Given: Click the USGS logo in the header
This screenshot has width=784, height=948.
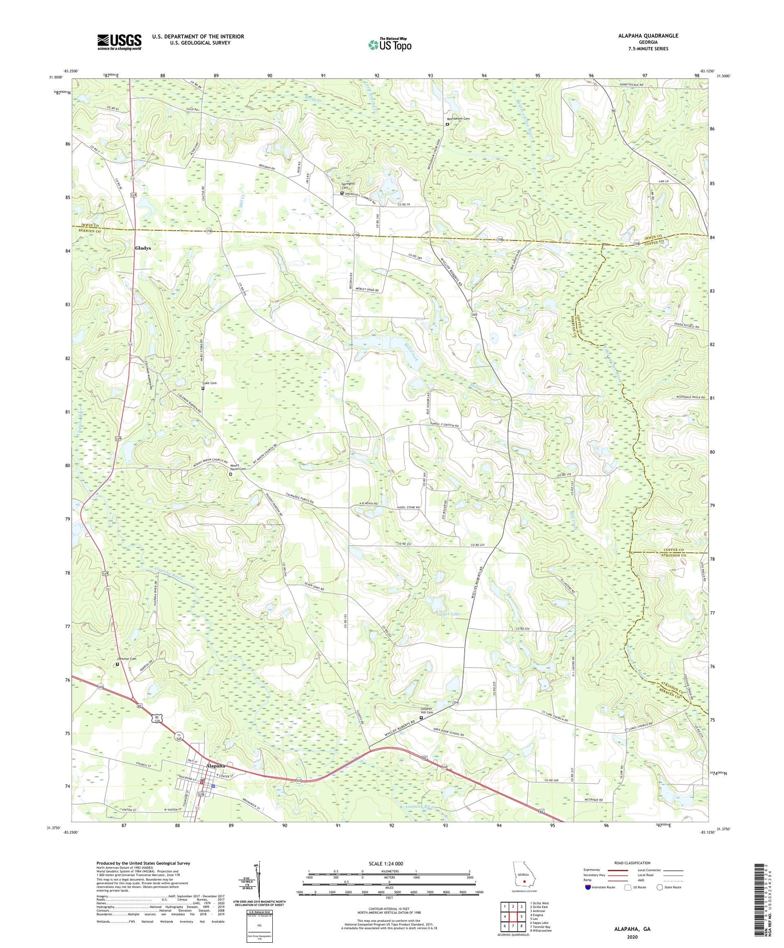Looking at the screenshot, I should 119,42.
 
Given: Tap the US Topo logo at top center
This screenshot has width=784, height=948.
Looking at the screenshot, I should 389,45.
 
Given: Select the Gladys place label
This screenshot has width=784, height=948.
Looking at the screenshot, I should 143,248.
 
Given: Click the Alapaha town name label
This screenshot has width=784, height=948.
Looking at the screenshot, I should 215,766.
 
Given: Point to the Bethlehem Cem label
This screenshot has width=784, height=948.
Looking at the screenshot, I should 458,119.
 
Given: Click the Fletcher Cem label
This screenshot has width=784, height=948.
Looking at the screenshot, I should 126,659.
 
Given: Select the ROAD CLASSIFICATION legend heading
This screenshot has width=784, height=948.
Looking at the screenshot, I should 632,863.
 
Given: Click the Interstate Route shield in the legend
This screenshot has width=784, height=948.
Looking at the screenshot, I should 589,887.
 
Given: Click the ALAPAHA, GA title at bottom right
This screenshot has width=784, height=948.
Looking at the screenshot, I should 632,929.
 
